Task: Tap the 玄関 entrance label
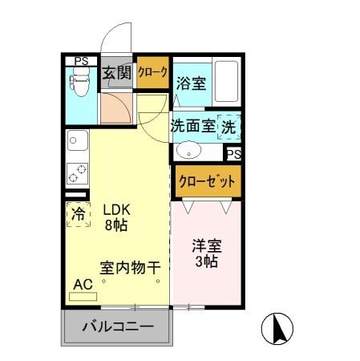(x=117, y=74)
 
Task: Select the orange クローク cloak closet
(x=152, y=73)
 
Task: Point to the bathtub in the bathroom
(x=227, y=81)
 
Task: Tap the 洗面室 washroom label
(x=192, y=126)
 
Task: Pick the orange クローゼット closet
(x=208, y=180)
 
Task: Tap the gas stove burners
(x=76, y=172)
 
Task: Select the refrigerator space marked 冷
(x=79, y=214)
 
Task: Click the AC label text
(x=83, y=285)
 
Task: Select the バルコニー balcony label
(x=118, y=327)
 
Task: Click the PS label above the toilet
(x=81, y=60)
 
